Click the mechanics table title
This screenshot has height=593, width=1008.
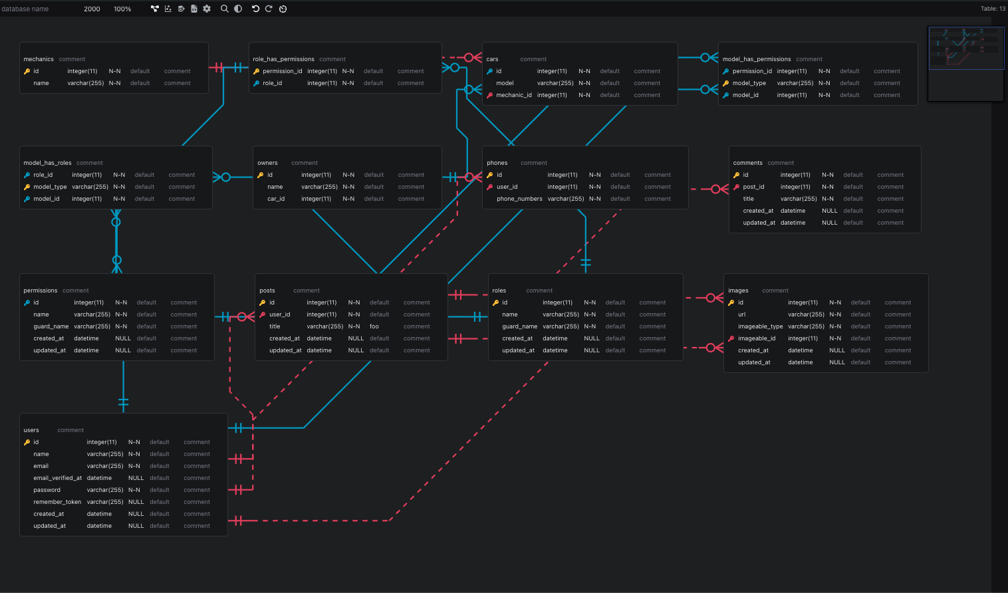click(x=39, y=59)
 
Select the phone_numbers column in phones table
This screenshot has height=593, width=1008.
click(x=519, y=199)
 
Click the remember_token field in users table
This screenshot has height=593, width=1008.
click(x=57, y=502)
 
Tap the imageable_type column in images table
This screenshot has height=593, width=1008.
click(x=760, y=326)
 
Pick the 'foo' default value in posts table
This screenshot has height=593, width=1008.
click(x=374, y=326)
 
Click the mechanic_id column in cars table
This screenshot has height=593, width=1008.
click(x=513, y=95)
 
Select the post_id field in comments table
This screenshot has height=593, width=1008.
click(x=753, y=187)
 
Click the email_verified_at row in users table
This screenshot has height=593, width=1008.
click(x=57, y=478)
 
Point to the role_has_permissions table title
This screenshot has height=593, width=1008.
click(x=283, y=59)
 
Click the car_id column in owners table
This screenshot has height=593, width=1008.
click(x=276, y=199)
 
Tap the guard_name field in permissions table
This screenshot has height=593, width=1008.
click(x=51, y=326)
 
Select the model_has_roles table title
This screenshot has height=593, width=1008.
click(x=47, y=163)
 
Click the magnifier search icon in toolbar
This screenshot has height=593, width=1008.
click(x=225, y=9)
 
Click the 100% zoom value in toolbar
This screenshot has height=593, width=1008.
click(x=122, y=9)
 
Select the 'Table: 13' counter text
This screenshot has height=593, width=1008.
click(x=993, y=9)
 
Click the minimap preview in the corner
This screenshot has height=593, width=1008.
click(x=965, y=63)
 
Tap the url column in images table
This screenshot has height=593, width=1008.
click(x=741, y=314)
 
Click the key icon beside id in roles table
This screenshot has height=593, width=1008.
click(x=495, y=302)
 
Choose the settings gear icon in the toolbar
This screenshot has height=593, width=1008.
click(x=207, y=9)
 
